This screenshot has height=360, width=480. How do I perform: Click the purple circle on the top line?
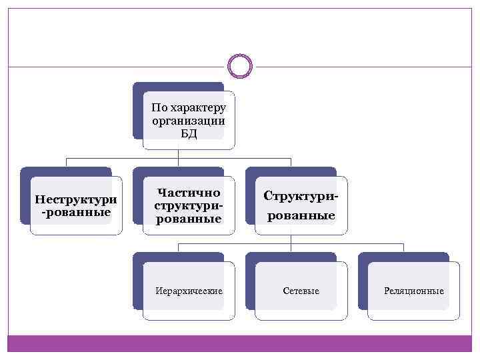[240, 66]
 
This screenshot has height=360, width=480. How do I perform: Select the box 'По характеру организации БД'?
[189, 120]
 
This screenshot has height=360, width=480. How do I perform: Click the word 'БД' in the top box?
[189, 133]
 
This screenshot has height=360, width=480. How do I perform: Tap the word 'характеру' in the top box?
[199, 107]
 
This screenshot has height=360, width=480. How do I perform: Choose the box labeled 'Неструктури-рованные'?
[76, 205]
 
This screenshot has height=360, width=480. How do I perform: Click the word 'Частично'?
[189, 193]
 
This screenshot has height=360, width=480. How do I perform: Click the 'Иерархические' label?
[189, 291]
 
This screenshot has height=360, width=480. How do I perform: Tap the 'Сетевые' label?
[301, 291]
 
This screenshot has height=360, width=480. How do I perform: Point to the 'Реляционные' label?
[414, 291]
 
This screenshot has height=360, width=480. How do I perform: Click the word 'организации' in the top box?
[189, 121]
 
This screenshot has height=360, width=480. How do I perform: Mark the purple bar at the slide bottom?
[240, 343]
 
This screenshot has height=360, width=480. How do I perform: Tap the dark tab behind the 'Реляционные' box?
[403, 257]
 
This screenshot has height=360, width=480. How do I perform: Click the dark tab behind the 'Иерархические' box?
[177, 257]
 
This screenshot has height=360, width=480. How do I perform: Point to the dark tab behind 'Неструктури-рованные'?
[65, 171]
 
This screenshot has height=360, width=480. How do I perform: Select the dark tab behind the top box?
[177, 87]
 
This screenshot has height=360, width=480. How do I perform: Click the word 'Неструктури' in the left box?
[76, 199]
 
